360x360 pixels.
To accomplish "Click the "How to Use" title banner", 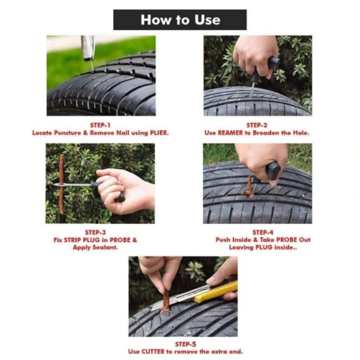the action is coord(180,20).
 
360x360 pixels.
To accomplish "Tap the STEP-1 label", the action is coord(100,125).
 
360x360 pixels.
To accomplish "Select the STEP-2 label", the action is coord(257,125).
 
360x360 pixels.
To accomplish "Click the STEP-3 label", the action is coord(95,232).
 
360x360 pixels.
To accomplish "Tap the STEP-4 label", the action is coord(263,232).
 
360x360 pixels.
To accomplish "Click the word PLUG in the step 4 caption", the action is coord(264,247).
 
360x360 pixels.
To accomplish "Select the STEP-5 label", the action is coord(185,344).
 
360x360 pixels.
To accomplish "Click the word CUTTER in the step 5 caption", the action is coord(153,352).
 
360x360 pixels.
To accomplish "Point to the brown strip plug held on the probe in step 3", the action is coord(61,184).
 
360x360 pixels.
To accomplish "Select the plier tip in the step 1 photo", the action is coord(92,65).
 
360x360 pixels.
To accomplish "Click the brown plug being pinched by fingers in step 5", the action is coord(165,301).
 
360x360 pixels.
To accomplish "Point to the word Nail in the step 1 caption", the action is coord(122,133).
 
